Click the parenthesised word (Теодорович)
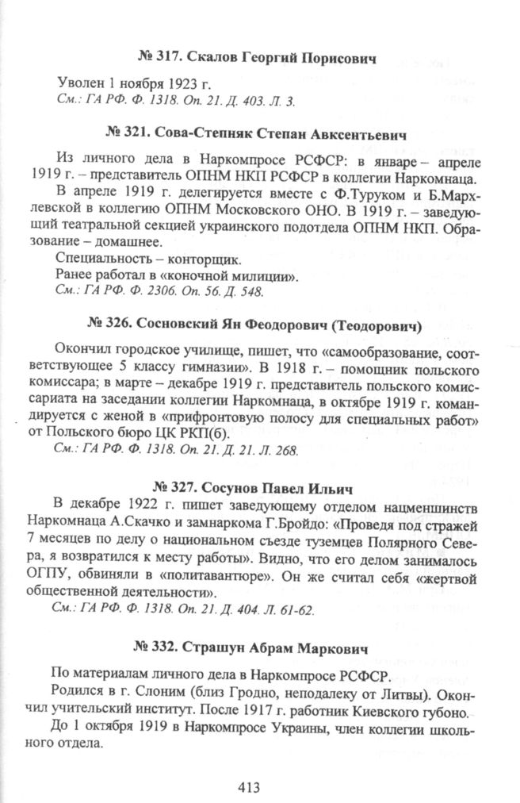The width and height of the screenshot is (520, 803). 375,325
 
